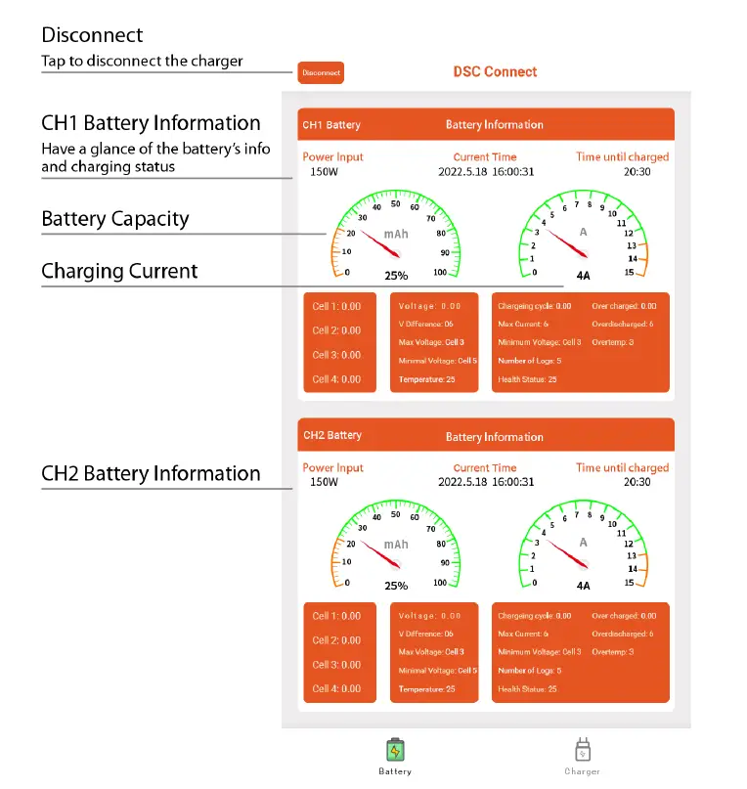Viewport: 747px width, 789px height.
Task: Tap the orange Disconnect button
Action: pos(321,72)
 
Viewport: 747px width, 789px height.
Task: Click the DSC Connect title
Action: pos(495,72)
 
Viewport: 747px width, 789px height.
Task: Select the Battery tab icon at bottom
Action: pos(395,751)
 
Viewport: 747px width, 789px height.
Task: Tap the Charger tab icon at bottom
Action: pos(582,751)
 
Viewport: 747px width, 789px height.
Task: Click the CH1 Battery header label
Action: pos(331,125)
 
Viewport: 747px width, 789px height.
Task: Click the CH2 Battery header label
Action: pos(332,436)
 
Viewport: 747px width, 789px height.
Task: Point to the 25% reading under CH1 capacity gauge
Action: pos(396,276)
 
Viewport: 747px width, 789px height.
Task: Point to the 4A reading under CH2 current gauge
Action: pos(584,586)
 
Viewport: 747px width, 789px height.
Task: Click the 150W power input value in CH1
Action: pos(325,172)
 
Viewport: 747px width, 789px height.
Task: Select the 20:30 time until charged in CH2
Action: pos(637,482)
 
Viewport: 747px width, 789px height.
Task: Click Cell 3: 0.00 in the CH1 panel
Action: pos(336,355)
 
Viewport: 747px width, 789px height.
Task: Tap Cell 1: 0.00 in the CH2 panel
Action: pos(336,616)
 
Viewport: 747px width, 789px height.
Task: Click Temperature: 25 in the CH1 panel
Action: pos(427,379)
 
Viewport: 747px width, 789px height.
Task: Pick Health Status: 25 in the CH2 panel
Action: pos(527,689)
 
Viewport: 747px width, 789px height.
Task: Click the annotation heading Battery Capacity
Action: pos(115,219)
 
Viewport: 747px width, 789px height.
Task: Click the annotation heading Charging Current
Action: pos(119,272)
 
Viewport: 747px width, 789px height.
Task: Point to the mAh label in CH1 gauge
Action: pos(396,235)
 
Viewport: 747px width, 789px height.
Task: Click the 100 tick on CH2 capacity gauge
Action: pos(440,583)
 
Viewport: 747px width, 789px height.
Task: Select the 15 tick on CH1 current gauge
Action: pos(630,273)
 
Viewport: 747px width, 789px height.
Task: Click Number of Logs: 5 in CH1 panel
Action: pos(530,361)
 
